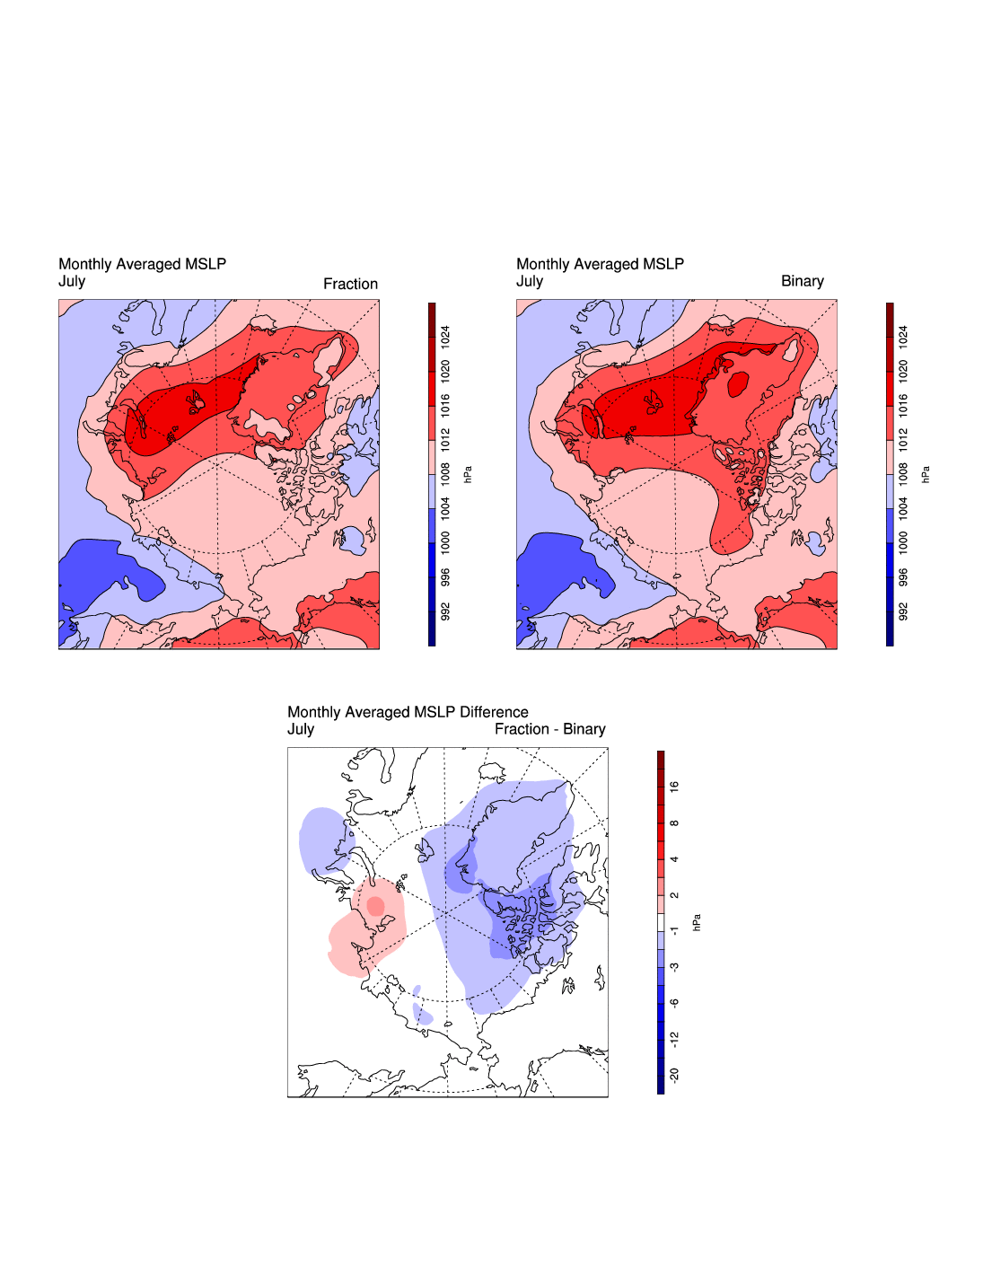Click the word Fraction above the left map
click(350, 284)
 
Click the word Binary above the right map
click(802, 281)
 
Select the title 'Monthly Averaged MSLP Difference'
click(408, 712)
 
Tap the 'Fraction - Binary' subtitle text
click(549, 729)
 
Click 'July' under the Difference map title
click(301, 729)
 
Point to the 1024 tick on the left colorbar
click(445, 338)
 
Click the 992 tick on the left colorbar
click(445, 611)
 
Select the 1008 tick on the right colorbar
click(903, 473)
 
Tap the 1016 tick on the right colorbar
click(903, 405)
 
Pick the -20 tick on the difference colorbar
click(674, 1075)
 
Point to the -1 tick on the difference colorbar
click(674, 931)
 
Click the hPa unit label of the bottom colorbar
click(697, 922)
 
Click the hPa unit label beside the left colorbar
click(468, 474)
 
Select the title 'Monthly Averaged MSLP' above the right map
click(600, 264)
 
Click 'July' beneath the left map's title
click(72, 281)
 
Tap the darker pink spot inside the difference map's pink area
click(375, 905)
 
